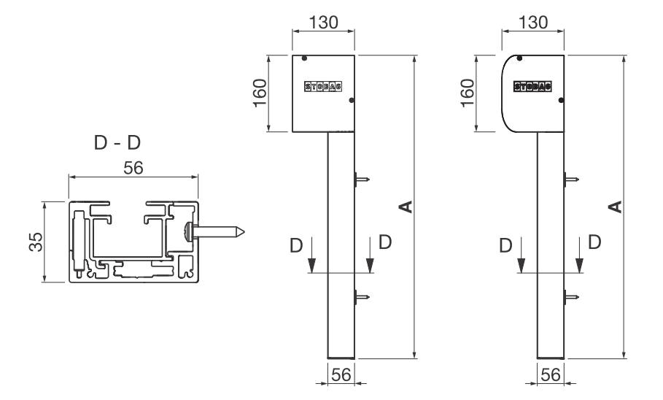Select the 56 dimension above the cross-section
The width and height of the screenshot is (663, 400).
[133, 167]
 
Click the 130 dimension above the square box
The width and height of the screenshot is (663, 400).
[323, 22]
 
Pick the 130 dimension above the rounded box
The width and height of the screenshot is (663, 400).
[534, 22]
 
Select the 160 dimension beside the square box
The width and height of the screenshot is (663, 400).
[263, 93]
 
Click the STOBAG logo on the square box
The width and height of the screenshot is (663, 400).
[322, 86]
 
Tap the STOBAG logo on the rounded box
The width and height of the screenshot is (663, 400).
[532, 86]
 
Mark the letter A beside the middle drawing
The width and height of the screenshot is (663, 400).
[407, 208]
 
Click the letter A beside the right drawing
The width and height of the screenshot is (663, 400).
[616, 208]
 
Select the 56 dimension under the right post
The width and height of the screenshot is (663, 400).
[551, 374]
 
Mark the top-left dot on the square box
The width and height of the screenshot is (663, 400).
[304, 58]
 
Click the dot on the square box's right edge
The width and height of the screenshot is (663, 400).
[351, 101]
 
